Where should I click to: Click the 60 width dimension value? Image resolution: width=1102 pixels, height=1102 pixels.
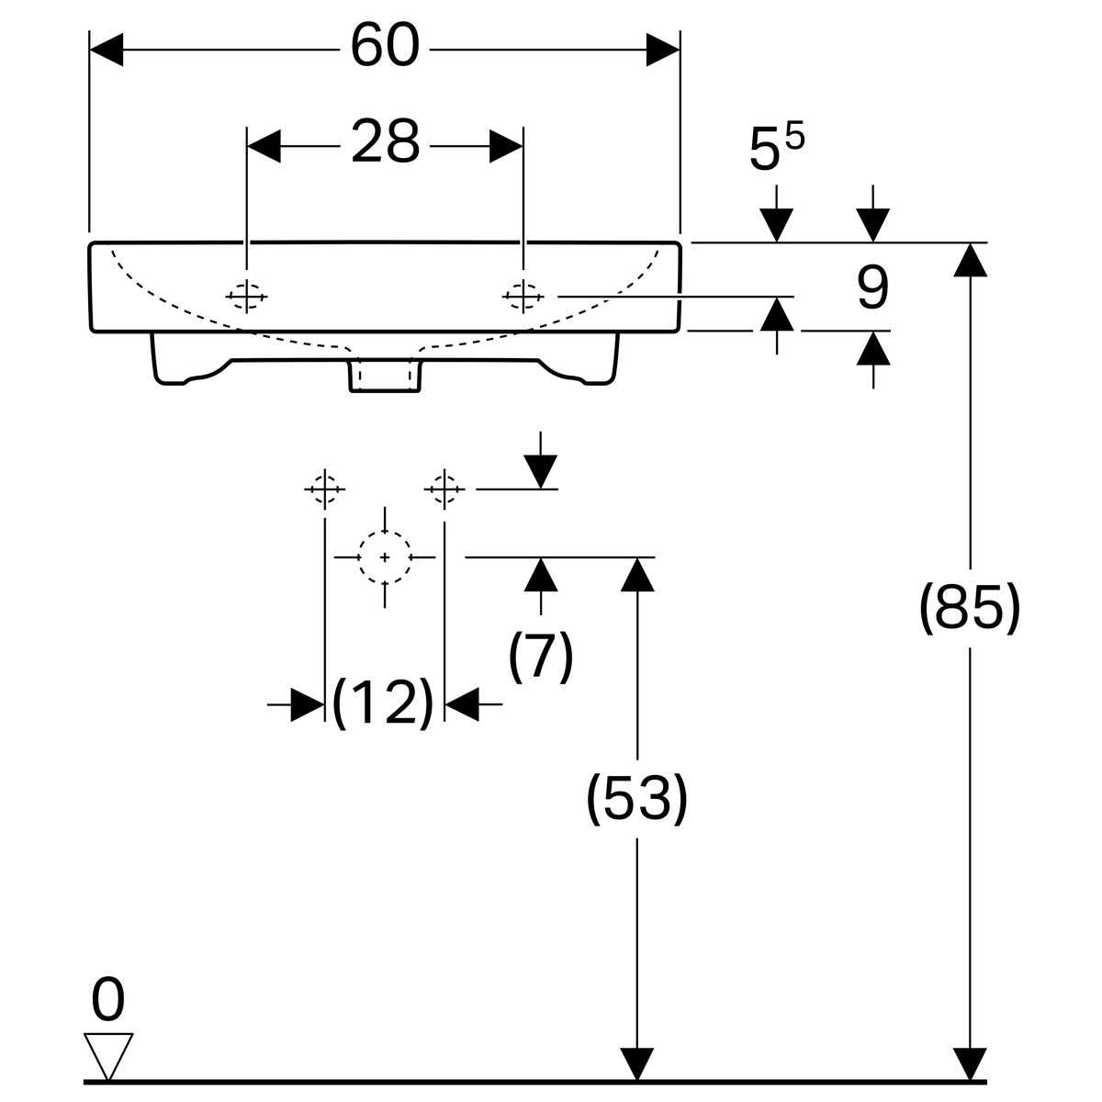point(385,47)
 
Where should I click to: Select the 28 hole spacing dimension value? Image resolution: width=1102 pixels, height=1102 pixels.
point(385,143)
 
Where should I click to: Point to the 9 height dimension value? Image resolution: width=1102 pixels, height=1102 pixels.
point(872,289)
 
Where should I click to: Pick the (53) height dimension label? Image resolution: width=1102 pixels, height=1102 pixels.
point(636,798)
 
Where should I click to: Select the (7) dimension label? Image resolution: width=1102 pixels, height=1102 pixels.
point(541,656)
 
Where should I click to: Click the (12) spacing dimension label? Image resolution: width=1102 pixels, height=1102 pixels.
point(382,703)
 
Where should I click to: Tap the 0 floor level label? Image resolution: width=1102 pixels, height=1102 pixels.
point(108,1001)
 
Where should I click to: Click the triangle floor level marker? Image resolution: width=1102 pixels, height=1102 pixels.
point(108,1054)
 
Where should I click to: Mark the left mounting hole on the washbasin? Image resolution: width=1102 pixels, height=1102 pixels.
point(246,296)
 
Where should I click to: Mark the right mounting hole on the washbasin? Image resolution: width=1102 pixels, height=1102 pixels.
point(523,296)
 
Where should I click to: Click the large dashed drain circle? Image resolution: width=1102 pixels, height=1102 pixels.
point(384,557)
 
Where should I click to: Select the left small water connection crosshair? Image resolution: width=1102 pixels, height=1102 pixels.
point(324,489)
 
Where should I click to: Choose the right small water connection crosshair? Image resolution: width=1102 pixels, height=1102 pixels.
point(444,489)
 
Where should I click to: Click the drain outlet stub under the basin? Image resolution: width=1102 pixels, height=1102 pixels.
point(385,375)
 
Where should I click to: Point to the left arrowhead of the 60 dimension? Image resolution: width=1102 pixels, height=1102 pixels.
point(105,49)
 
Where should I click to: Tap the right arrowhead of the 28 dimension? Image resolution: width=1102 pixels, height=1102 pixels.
point(506,146)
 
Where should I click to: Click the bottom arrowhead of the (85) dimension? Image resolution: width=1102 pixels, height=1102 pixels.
point(970,1064)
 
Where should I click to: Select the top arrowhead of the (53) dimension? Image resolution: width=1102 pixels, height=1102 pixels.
point(637,573)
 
